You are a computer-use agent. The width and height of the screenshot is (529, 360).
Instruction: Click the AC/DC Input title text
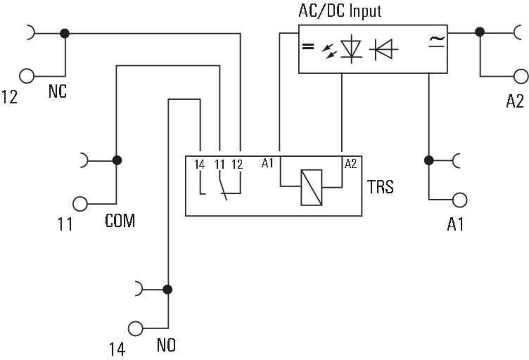coord(340,11)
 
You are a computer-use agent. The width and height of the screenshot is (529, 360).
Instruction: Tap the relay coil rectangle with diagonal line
coord(311,187)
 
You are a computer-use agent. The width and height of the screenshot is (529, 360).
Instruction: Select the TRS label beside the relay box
coord(380,187)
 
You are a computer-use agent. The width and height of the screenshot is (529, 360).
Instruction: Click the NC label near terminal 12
coord(57,91)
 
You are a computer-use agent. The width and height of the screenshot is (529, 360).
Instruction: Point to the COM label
coord(120,221)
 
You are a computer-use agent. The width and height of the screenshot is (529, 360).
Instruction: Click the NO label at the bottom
coord(166,345)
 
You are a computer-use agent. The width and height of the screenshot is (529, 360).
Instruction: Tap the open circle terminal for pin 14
coord(135,329)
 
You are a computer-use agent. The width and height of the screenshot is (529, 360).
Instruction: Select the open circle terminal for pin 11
coord(80,204)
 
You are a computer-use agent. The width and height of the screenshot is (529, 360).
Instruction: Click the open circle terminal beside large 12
coord(27,76)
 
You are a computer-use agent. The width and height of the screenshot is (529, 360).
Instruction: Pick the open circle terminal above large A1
coord(460,200)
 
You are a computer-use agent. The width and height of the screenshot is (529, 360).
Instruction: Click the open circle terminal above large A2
coord(521,76)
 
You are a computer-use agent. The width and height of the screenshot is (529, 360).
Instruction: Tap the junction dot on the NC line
coord(65,33)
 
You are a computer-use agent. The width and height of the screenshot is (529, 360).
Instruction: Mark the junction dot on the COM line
coord(117,160)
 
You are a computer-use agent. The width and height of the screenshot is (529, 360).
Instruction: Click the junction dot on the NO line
coord(168,289)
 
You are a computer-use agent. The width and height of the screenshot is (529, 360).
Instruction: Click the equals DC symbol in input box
coord(308,46)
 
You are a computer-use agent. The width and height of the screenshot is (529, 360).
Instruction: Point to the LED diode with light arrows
coord(345,49)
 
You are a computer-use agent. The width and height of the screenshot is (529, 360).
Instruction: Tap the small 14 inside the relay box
coord(199,164)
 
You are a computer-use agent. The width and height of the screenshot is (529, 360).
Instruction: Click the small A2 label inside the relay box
coord(350,164)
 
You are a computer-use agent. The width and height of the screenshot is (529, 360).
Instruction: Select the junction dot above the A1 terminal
coord(429,160)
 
